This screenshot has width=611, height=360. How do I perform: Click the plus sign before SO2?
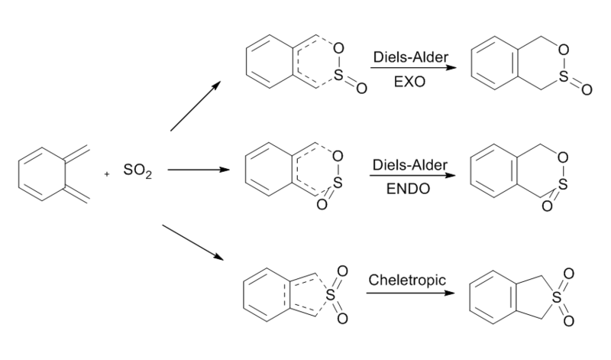coord(108,174)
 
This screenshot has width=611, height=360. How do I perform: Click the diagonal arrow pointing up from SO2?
coord(196,106)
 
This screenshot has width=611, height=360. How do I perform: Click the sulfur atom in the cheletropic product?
coord(558,294)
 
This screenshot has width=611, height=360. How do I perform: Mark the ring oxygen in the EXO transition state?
coord(338,50)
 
